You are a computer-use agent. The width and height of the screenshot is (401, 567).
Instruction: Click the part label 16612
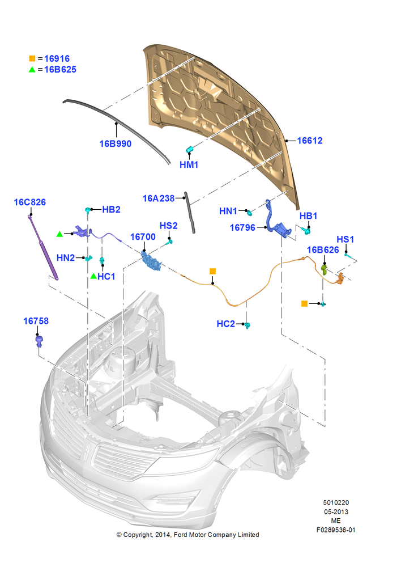click(x=310, y=140)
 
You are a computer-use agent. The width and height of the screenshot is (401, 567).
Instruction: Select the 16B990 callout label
click(x=115, y=143)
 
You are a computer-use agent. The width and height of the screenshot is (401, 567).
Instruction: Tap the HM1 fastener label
click(x=189, y=164)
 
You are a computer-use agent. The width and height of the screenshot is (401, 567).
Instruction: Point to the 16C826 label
click(x=29, y=202)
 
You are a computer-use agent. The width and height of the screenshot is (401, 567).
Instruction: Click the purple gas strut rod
click(x=43, y=248)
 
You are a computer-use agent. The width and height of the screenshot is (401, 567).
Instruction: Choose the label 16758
click(x=36, y=321)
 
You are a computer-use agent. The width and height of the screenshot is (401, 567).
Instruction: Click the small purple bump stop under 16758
click(x=40, y=341)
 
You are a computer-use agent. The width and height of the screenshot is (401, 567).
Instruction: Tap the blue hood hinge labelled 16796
click(x=278, y=221)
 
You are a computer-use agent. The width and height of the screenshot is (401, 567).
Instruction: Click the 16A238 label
click(x=159, y=198)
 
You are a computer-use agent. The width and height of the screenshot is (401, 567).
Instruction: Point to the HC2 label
click(x=226, y=324)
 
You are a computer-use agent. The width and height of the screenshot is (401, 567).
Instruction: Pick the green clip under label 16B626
click(x=324, y=269)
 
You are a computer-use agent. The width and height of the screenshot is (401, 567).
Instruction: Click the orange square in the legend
click(x=32, y=58)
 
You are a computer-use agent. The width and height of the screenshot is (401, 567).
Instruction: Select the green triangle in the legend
click(x=32, y=69)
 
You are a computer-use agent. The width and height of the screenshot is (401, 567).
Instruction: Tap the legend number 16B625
click(x=61, y=69)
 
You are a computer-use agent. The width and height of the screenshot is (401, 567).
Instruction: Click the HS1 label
click(x=345, y=239)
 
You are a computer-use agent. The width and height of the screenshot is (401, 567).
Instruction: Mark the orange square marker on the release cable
click(x=213, y=271)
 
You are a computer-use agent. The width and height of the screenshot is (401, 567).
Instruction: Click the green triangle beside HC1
click(x=93, y=276)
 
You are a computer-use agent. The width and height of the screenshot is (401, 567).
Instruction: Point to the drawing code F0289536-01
click(x=336, y=530)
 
